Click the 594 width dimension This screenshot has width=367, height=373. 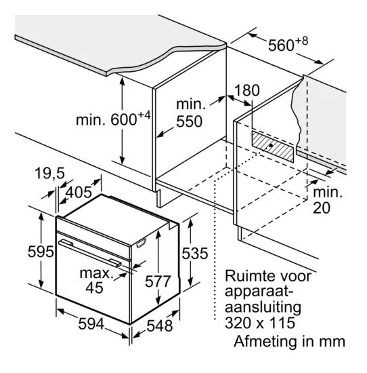coord(91,323)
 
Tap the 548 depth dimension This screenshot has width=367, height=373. coord(160,326)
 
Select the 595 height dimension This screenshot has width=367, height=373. coord(41,252)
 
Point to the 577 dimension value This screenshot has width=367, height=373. coord(158,281)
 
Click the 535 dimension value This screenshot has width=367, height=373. coord(195,253)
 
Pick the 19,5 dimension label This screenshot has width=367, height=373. coord(49,173)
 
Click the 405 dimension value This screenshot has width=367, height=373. coord(79,192)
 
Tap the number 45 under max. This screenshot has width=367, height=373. coord(94,288)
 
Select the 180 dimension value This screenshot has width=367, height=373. coord(247,90)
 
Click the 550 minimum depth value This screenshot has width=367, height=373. coord(190,121)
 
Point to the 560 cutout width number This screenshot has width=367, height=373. coord(281,45)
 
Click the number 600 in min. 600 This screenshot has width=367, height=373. coord(123,119)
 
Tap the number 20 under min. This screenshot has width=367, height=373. coord(322,208)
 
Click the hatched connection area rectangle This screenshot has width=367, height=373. coord(273,146)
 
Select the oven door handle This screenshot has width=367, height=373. coord(90,253)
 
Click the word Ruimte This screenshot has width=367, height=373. coord(252,276)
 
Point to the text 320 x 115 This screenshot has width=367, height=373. coord(260,323)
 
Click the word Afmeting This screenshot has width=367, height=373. coord(265,342)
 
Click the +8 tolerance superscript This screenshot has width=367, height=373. coord(302,41)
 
